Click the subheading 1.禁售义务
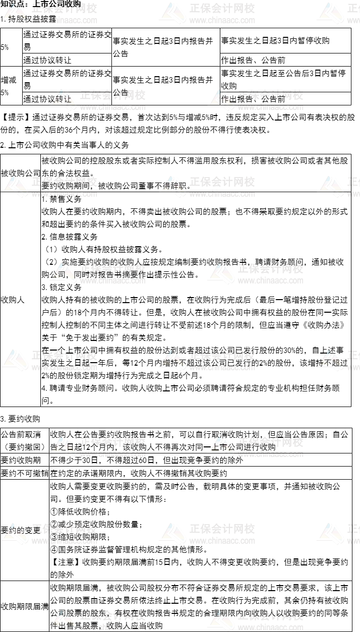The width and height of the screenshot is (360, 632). (x=62, y=199)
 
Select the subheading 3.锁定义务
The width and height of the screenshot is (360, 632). (x=62, y=287)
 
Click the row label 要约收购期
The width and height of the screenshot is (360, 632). (x=20, y=460)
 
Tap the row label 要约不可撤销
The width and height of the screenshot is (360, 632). (x=24, y=473)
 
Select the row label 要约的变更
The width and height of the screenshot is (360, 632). (x=20, y=530)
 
